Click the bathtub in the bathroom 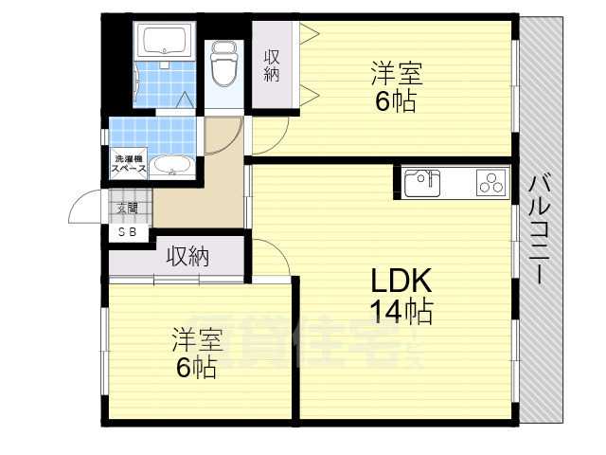165,43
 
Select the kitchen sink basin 421,181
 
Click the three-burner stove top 490,182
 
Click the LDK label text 401,282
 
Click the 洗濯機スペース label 130,162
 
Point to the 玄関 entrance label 127,208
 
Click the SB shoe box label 127,230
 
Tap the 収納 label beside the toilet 272,66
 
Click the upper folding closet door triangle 310,36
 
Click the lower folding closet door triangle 310,92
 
